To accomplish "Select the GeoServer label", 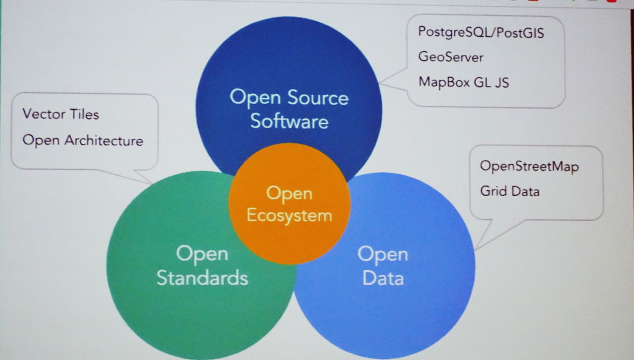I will pyautogui.click(x=451, y=57).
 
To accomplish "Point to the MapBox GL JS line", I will pyautogui.click(x=463, y=82).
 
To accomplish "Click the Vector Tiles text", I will pyautogui.click(x=61, y=114).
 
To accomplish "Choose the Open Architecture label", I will pyautogui.click(x=83, y=140).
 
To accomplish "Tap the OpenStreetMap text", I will pyautogui.click(x=529, y=167).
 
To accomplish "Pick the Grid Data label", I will pyautogui.click(x=510, y=191).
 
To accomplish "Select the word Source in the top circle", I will pyautogui.click(x=318, y=98).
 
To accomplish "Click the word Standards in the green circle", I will pyautogui.click(x=202, y=278).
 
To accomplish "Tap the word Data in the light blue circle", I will pyautogui.click(x=383, y=278).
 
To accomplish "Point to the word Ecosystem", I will pyautogui.click(x=289, y=216).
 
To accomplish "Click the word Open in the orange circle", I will pyautogui.click(x=289, y=193).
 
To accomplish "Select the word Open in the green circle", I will pyautogui.click(x=202, y=254).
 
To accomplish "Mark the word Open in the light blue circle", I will pyautogui.click(x=383, y=255).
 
